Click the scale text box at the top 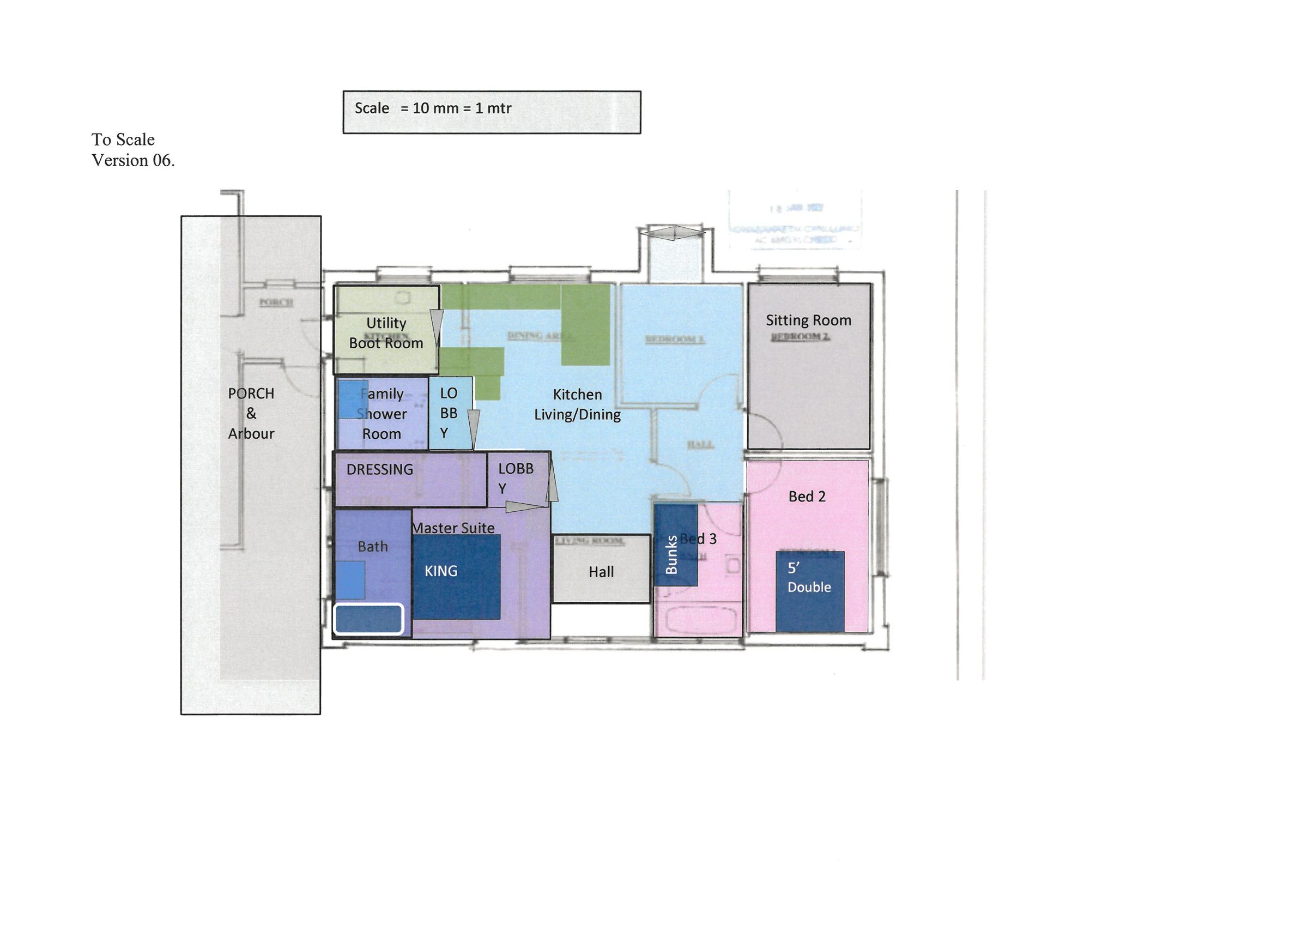click(491, 112)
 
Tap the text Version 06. click(133, 161)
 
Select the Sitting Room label click(808, 321)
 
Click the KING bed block click(456, 577)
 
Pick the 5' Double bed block click(809, 591)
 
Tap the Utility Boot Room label click(386, 333)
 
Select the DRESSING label click(379, 469)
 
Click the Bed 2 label click(807, 497)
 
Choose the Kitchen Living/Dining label click(577, 404)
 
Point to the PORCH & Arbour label click(251, 413)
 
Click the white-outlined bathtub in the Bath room click(368, 619)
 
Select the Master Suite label click(453, 528)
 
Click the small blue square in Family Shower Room click(353, 399)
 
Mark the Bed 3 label click(699, 538)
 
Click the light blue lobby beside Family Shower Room click(450, 413)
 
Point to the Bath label click(373, 547)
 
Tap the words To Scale click(123, 140)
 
